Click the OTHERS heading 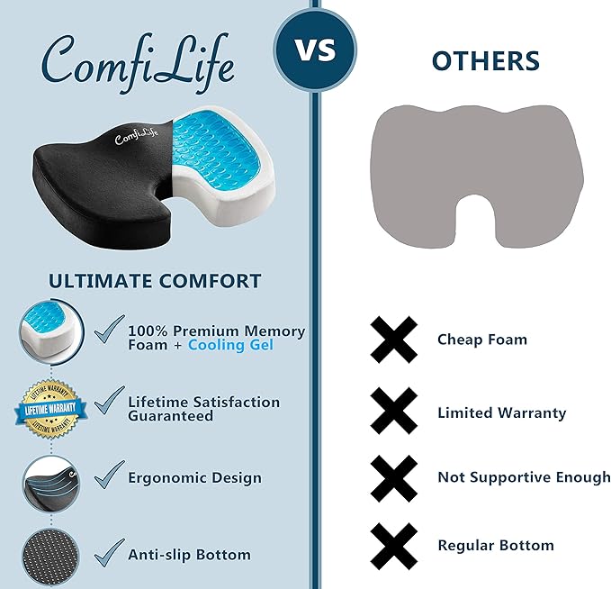point(485,60)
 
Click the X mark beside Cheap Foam point(393,340)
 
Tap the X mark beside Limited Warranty point(393,412)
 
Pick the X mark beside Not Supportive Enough point(393,477)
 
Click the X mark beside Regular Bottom point(393,545)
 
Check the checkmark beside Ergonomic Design point(109,475)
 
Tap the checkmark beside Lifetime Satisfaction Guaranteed point(109,399)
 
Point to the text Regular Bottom point(496,545)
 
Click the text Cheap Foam point(482,340)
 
